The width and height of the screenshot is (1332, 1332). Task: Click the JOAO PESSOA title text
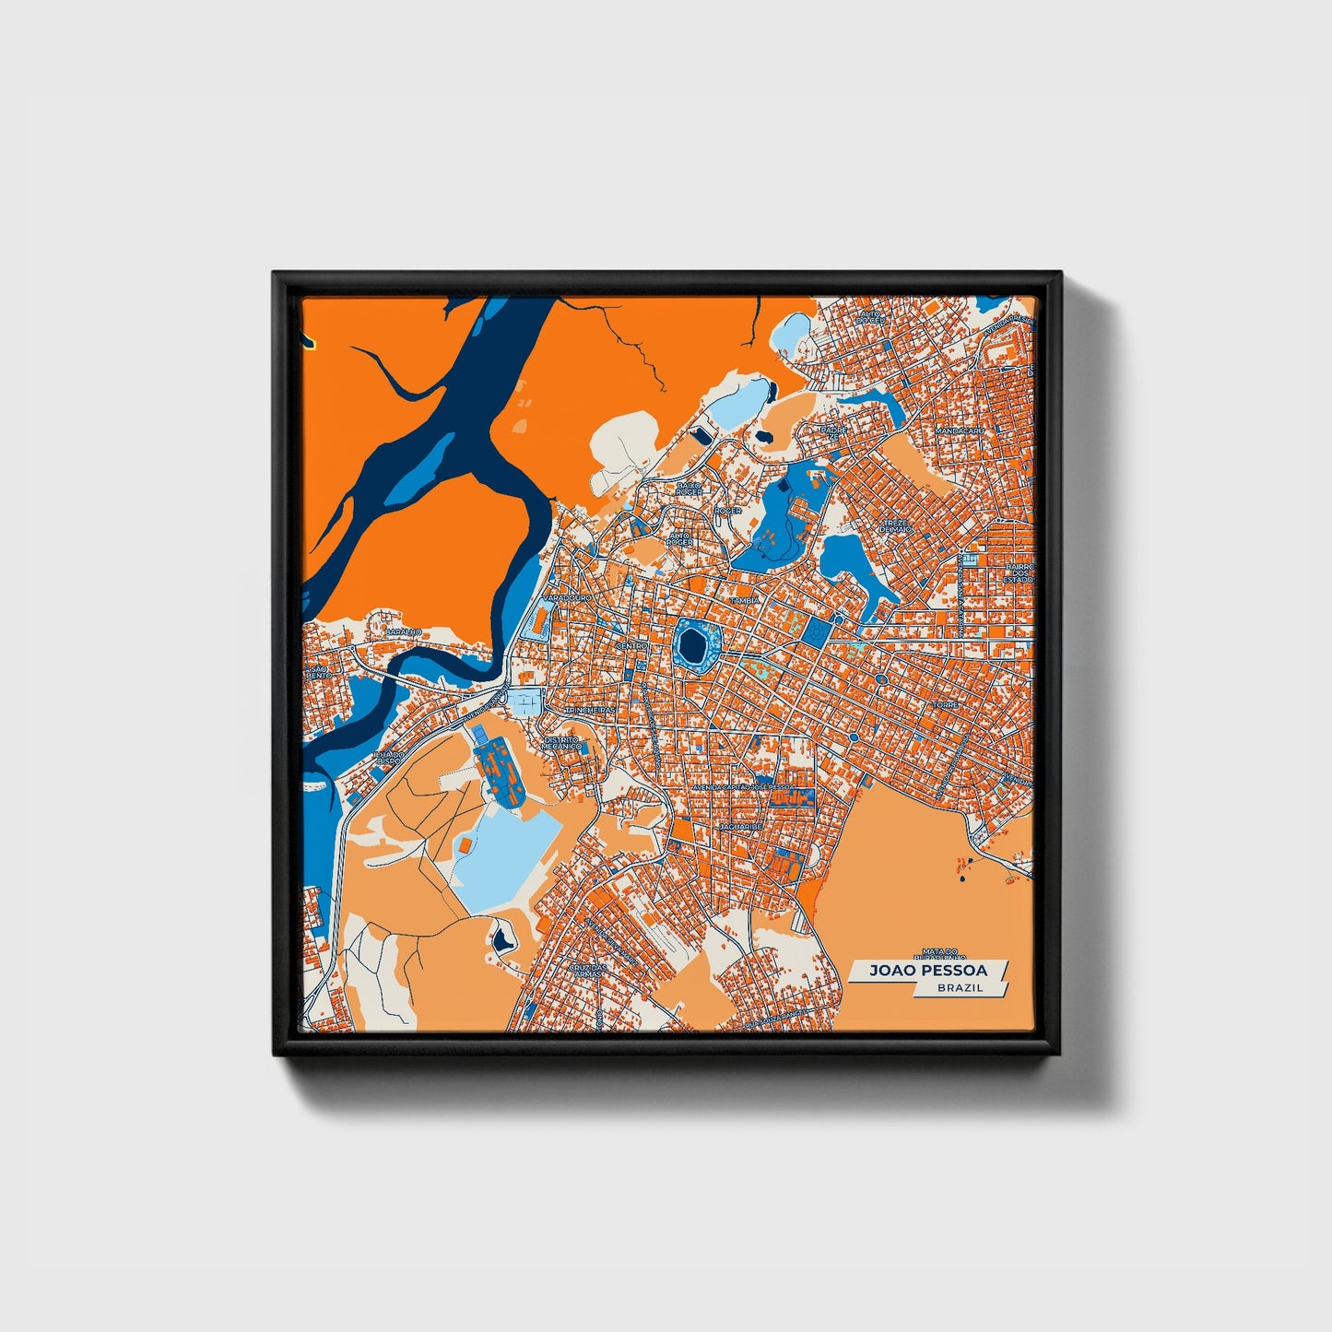[x=927, y=971]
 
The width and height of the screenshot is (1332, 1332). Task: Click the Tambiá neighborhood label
[x=744, y=600]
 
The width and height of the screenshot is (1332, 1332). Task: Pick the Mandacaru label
[x=959, y=430]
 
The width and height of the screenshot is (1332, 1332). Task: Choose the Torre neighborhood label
[x=946, y=704]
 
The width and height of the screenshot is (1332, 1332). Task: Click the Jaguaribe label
[x=740, y=828]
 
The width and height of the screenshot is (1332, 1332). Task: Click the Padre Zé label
[x=833, y=432]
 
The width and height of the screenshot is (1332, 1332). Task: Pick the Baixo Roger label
[x=690, y=487]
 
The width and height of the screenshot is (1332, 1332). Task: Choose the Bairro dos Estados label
[x=1020, y=573]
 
